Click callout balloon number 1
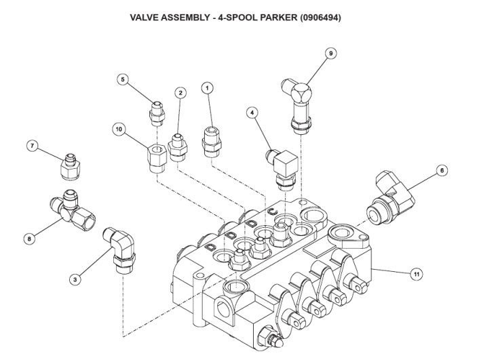(x=208, y=87)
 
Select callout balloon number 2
(x=180, y=92)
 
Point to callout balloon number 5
(x=123, y=79)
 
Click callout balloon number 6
(x=442, y=171)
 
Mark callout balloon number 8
(x=29, y=238)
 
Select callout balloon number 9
(x=331, y=53)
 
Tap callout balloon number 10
(x=118, y=128)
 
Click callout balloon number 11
(x=417, y=274)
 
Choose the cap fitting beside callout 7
(x=70, y=167)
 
